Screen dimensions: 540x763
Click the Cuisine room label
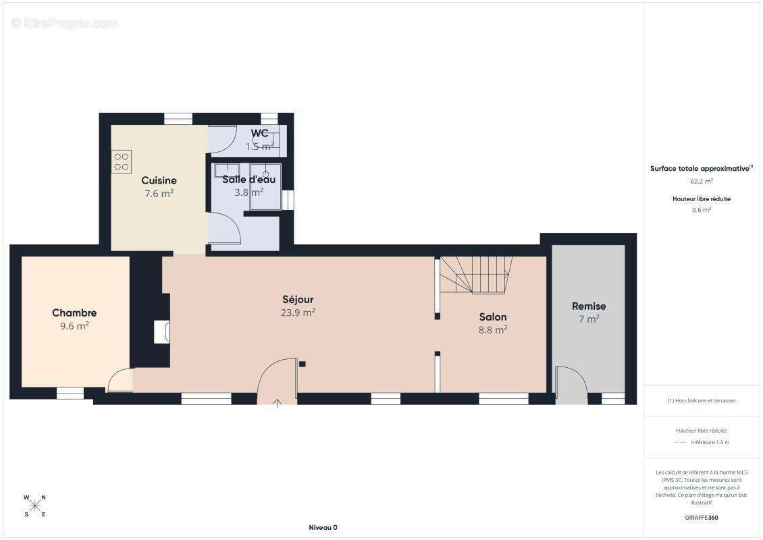click(x=159, y=180)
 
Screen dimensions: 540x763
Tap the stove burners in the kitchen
click(x=122, y=162)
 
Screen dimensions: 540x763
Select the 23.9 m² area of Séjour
click(x=298, y=313)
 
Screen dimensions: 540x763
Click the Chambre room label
click(x=74, y=313)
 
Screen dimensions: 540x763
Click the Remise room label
click(x=589, y=306)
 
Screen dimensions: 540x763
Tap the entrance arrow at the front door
click(x=277, y=403)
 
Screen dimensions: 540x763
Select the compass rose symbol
click(x=35, y=506)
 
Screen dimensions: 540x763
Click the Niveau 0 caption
click(x=323, y=527)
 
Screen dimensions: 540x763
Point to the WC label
click(x=260, y=133)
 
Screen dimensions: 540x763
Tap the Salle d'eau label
click(x=248, y=180)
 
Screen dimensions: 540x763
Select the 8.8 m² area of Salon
click(x=493, y=330)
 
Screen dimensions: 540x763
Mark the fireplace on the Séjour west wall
click(x=162, y=332)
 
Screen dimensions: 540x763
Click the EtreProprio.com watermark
click(x=65, y=23)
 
